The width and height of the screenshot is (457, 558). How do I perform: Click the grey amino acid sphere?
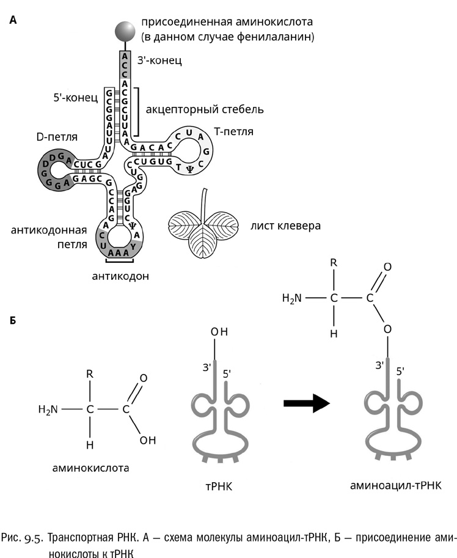[125, 30]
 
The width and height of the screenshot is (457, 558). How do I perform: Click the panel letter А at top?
[13, 20]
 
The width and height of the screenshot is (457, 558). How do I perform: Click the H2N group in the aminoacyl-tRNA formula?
[292, 299]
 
